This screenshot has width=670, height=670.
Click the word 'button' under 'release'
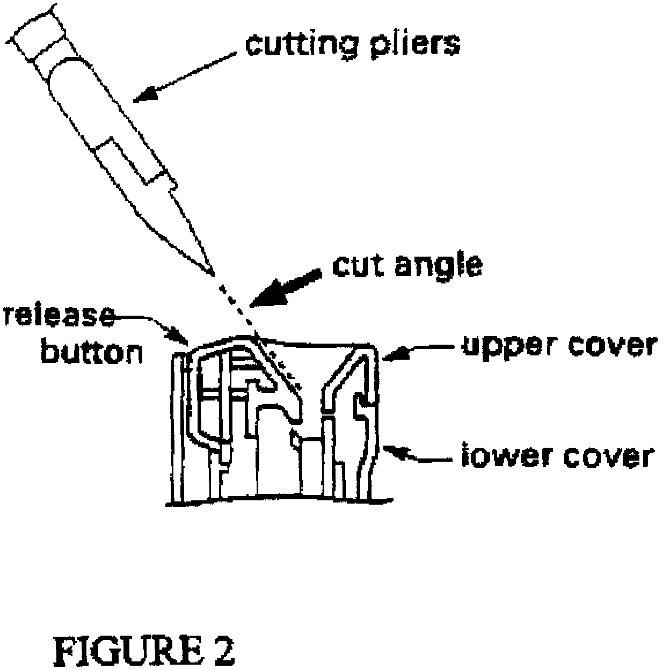(92, 352)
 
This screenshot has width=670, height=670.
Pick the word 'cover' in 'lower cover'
(604, 456)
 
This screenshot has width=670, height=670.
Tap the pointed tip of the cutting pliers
(211, 270)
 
